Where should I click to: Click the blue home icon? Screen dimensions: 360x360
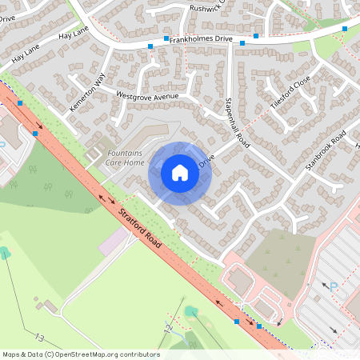(x=180, y=172)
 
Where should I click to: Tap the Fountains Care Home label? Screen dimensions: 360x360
(x=126, y=157)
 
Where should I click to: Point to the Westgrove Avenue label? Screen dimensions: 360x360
(x=147, y=96)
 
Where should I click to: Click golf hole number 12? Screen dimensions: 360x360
(x=169, y=328)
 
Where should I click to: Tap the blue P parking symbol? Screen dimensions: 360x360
(x=335, y=283)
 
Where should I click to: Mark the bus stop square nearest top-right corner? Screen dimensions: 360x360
(x=345, y=29)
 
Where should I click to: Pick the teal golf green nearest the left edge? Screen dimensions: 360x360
(x=6, y=253)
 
